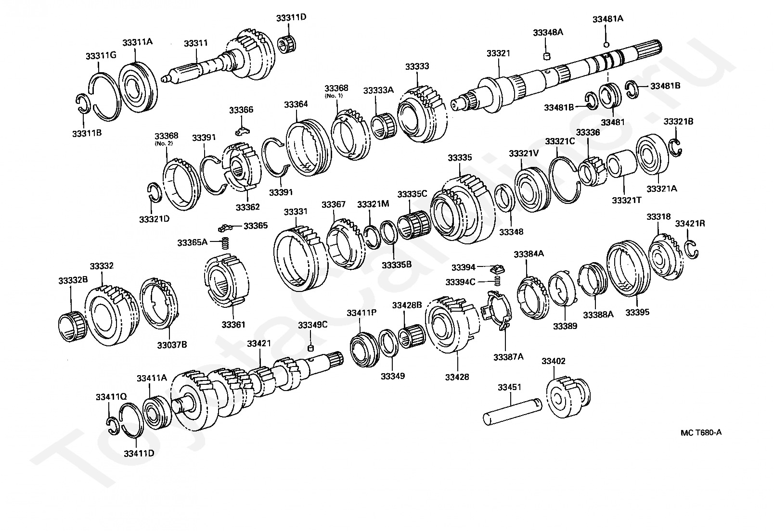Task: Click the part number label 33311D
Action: point(291,18)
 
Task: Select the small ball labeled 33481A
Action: point(606,45)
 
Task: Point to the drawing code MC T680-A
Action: point(701,432)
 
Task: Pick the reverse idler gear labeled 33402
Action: point(568,399)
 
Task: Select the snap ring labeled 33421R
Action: point(692,248)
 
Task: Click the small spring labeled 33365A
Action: point(225,243)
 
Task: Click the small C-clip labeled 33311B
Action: point(83,103)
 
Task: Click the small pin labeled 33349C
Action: point(311,348)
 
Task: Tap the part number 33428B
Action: point(407,305)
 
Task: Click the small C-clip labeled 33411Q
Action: point(113,425)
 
